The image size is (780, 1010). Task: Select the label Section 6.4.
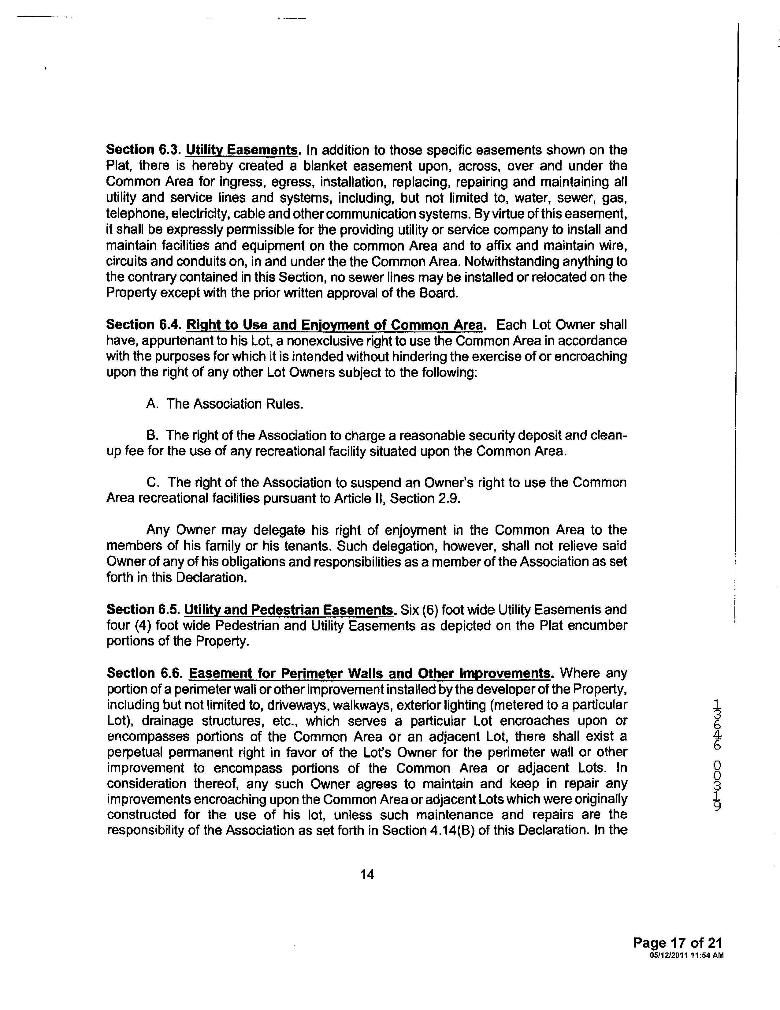(x=144, y=325)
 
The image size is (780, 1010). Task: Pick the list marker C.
(x=153, y=483)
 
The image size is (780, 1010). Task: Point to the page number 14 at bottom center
(x=367, y=874)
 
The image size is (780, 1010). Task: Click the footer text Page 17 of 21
(x=678, y=943)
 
